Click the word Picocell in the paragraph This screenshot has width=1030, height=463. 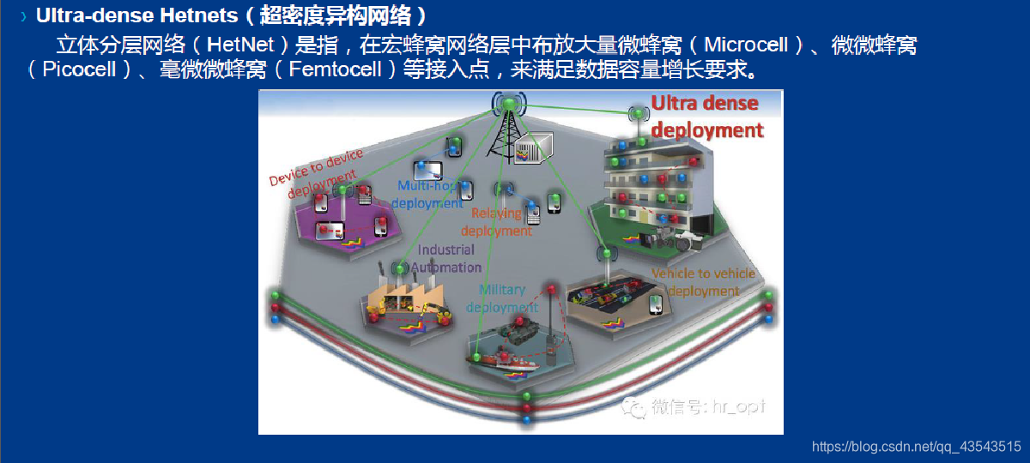coord(79,69)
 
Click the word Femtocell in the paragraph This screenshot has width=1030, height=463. coord(336,69)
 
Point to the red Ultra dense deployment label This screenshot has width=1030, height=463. coord(706,117)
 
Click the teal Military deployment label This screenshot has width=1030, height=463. coord(503,298)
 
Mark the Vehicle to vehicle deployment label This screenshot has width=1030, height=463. coord(703,281)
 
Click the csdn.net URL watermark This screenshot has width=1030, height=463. coord(916,447)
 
